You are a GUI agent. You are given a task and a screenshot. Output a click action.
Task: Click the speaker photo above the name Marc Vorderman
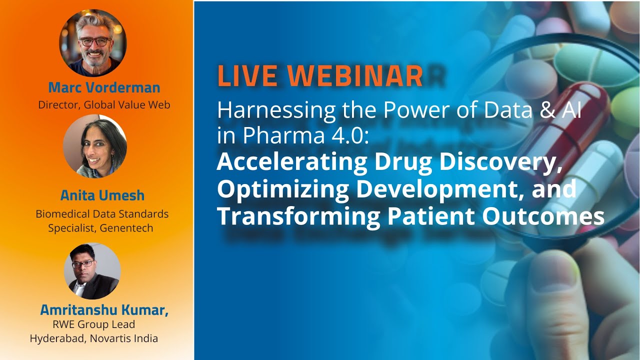point(93,43)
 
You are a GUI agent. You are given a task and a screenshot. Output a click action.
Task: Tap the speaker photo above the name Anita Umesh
point(95,146)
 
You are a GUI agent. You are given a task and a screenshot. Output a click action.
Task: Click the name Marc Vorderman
point(104,87)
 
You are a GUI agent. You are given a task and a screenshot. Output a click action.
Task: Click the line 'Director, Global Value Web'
point(104,105)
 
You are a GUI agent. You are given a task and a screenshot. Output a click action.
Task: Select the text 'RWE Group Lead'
point(94,324)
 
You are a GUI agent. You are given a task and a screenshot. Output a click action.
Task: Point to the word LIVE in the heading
point(247,76)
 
